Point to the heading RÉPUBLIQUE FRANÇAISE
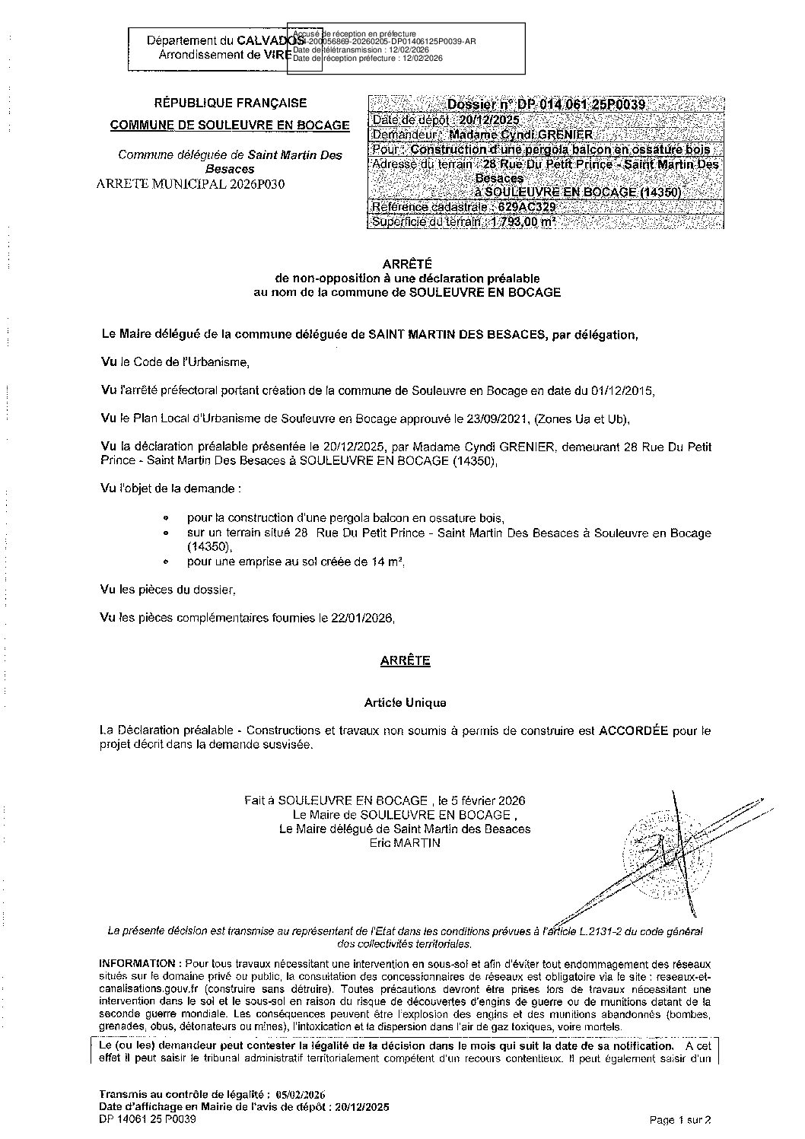point(231,103)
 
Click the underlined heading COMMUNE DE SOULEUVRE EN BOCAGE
point(230,126)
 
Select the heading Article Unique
point(405,702)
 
